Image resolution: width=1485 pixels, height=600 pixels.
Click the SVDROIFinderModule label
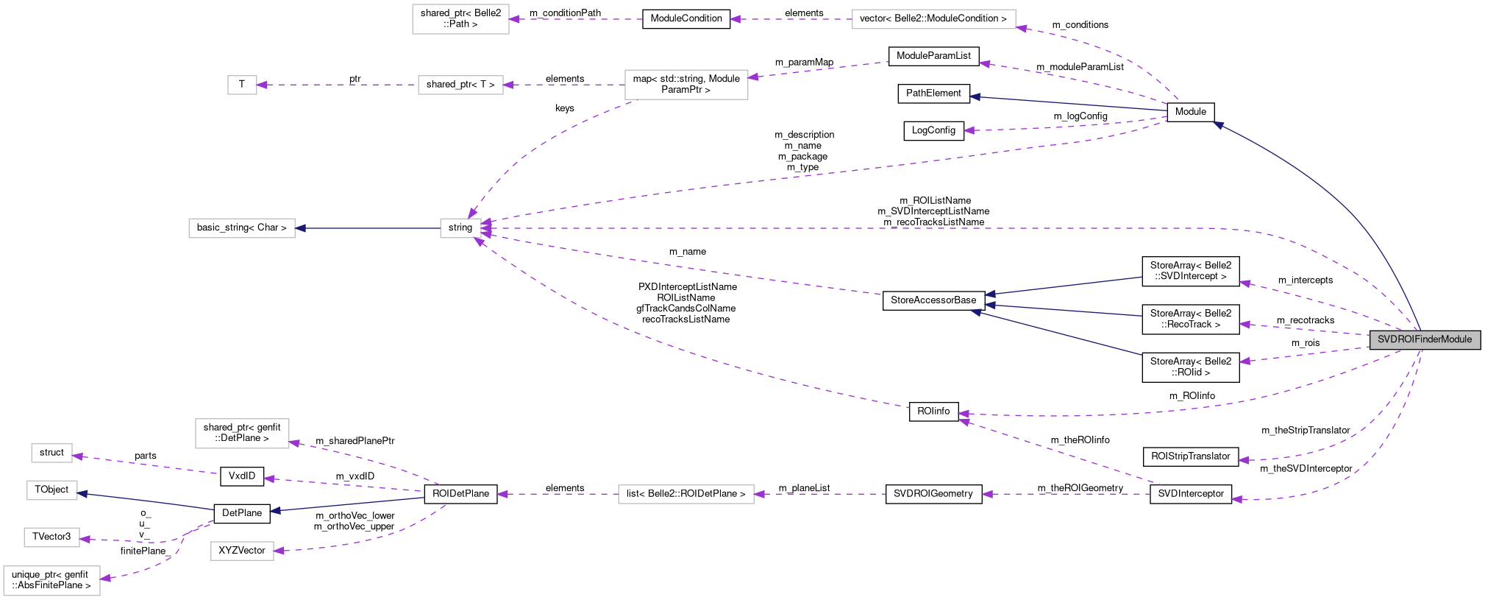click(x=1425, y=339)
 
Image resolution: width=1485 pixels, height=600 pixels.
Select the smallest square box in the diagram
click(x=242, y=85)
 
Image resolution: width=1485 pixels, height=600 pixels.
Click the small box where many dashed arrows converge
click(x=460, y=228)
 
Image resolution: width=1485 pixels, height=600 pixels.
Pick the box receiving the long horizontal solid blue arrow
click(x=241, y=228)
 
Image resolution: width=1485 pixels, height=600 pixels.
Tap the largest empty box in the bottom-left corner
click(x=51, y=580)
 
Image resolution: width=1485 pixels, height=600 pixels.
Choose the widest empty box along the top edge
click(x=933, y=19)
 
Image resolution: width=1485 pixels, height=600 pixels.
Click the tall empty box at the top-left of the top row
click(x=460, y=19)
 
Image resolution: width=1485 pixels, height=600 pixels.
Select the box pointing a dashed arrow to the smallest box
click(x=460, y=85)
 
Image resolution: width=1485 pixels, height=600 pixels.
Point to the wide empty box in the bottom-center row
click(x=685, y=494)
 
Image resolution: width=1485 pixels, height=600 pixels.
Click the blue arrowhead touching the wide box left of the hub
click(x=300, y=228)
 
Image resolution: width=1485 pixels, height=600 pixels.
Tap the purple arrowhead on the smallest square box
click(x=262, y=85)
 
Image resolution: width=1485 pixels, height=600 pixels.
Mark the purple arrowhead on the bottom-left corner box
click(x=105, y=578)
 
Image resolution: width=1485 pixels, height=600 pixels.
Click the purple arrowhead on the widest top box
click(x=1022, y=29)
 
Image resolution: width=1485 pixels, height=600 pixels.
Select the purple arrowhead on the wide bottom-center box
click(x=759, y=494)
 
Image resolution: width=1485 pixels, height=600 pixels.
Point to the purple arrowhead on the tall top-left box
click(x=514, y=19)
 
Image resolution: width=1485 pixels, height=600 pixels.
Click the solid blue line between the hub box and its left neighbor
click(x=368, y=228)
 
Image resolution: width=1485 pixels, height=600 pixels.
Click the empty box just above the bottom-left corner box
click(x=51, y=537)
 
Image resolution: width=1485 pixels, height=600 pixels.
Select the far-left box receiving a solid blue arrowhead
click(x=51, y=490)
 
